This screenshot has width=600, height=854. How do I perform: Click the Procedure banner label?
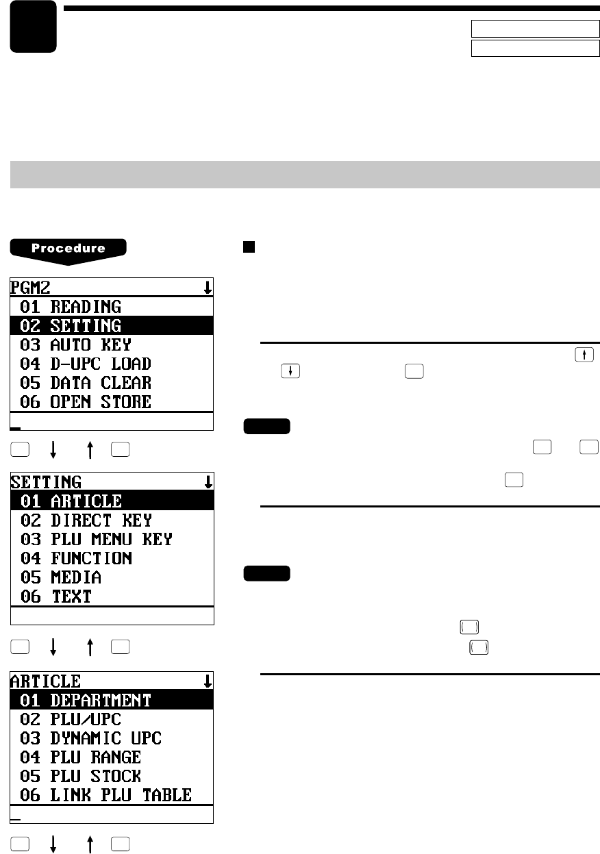[x=68, y=249]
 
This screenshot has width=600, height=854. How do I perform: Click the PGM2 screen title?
[x=25, y=288]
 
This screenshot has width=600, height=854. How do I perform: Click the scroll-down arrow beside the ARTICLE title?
[x=208, y=681]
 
